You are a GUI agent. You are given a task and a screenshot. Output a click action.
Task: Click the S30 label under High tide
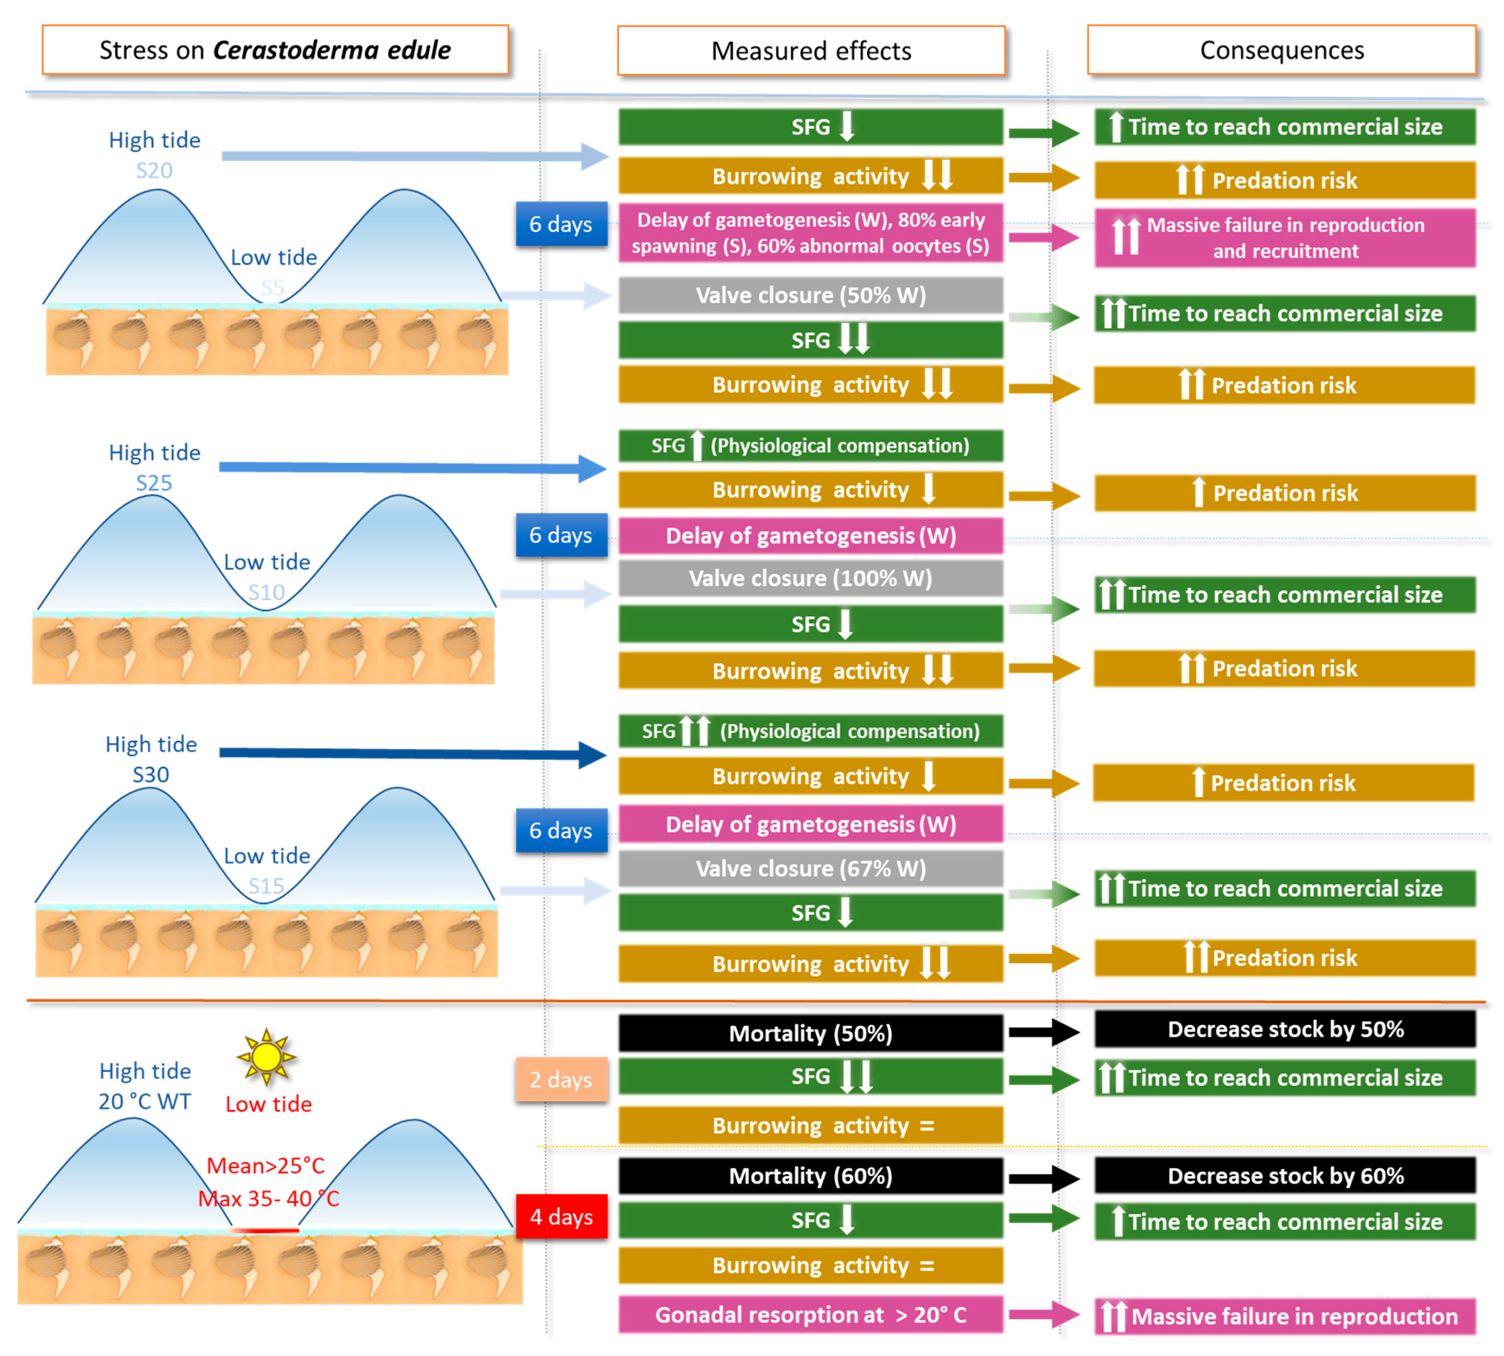150,774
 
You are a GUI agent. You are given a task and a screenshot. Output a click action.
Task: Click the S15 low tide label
266,886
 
